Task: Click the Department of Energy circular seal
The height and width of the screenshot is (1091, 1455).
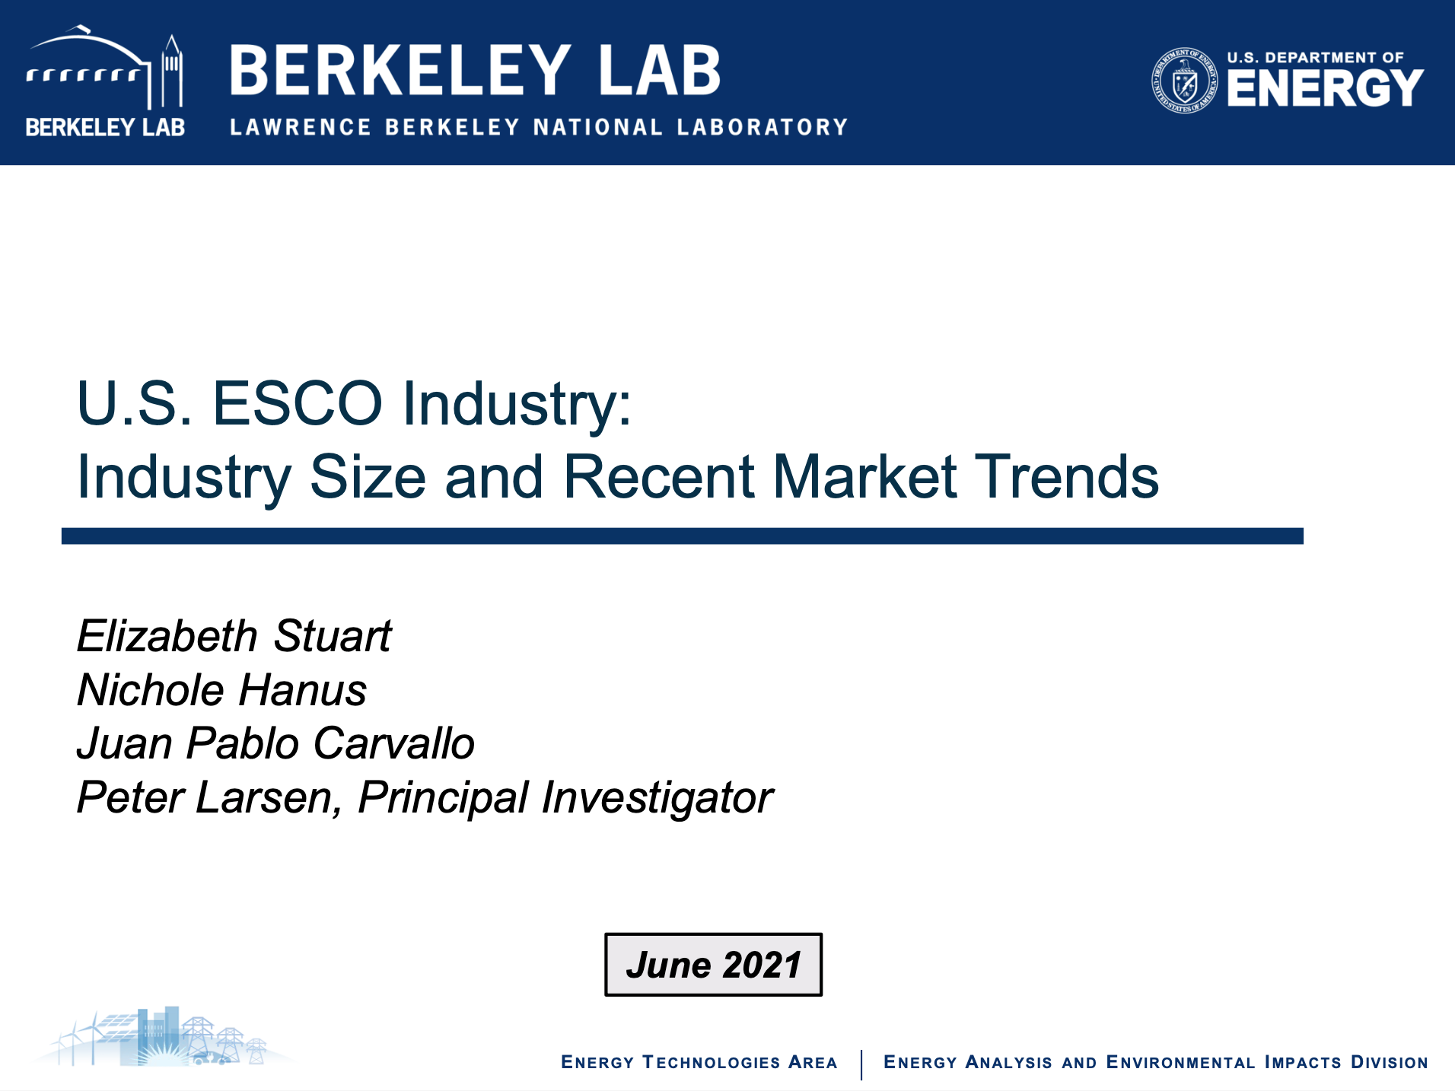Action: point(1184,80)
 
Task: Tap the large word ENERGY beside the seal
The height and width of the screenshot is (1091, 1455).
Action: point(1325,88)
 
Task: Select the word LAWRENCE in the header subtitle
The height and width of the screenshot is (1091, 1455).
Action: point(301,127)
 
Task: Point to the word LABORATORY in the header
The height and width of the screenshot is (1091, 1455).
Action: point(763,127)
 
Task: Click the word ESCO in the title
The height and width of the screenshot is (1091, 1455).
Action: point(297,403)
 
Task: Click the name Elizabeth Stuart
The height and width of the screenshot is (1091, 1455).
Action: point(234,636)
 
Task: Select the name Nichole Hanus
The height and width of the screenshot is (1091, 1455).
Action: point(222,690)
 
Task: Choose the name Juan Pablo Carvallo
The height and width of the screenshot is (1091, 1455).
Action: point(276,743)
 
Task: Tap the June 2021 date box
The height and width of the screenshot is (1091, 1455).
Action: point(713,965)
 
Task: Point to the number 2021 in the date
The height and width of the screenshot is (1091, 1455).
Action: point(762,965)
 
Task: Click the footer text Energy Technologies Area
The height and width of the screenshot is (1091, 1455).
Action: point(699,1062)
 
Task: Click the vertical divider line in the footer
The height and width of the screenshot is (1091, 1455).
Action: point(861,1065)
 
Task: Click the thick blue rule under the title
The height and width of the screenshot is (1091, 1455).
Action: point(682,536)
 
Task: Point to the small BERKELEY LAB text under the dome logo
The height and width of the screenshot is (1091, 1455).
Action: point(105,127)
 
